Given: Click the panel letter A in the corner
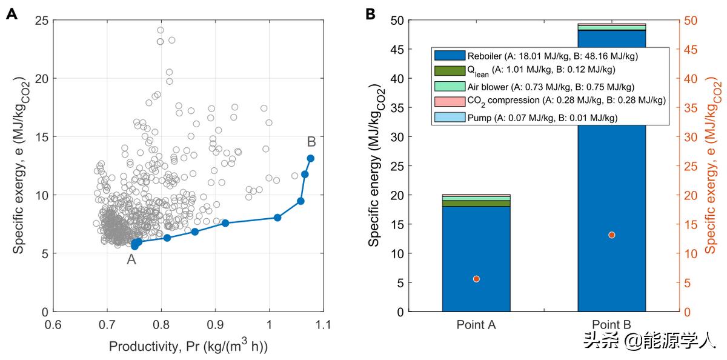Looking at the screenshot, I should (12, 14).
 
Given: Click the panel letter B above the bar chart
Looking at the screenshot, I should (371, 14).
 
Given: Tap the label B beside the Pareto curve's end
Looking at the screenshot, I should (311, 142).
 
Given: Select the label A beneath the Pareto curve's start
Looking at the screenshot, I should (131, 260).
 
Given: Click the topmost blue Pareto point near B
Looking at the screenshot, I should (310, 158).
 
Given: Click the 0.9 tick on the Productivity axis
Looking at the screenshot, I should (215, 324).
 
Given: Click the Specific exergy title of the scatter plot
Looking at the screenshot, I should (20, 165).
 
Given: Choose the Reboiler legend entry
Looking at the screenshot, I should (551, 56).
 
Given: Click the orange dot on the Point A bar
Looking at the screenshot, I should (476, 279).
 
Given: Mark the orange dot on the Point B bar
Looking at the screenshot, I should (612, 235).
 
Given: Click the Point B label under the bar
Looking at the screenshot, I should (612, 325).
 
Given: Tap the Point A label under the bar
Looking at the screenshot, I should (476, 325).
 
